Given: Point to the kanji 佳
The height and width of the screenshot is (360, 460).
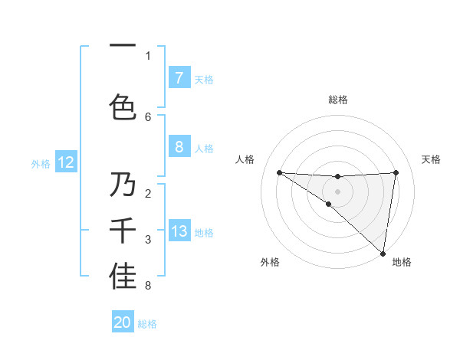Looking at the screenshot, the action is tap(123, 277).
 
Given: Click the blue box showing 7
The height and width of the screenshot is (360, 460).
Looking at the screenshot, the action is tap(179, 78).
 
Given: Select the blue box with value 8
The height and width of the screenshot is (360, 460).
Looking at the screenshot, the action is tap(179, 147).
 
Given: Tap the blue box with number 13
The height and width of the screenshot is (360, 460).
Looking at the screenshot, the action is tap(179, 231).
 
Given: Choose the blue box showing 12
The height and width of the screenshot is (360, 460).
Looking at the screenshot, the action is tap(66, 162).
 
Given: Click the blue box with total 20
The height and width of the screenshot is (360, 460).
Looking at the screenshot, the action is tap(123, 322).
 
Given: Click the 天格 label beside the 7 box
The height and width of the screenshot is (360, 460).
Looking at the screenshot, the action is tap(204, 79).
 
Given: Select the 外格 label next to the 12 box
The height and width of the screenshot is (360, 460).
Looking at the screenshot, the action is tap(41, 163).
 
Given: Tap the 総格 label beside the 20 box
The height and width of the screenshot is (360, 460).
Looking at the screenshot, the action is tap(147, 324).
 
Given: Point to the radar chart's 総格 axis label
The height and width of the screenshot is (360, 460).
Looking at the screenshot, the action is tap(337, 100).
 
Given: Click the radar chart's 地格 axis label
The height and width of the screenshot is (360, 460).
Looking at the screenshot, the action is tap(402, 262).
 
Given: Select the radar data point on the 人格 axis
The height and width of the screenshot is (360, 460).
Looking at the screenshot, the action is tap(279, 172).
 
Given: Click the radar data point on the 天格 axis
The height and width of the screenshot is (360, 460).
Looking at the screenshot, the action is tap(396, 172).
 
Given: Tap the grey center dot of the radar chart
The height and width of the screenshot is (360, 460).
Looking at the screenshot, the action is tap(337, 190).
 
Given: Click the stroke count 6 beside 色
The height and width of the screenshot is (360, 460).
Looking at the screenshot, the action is tap(148, 116).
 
